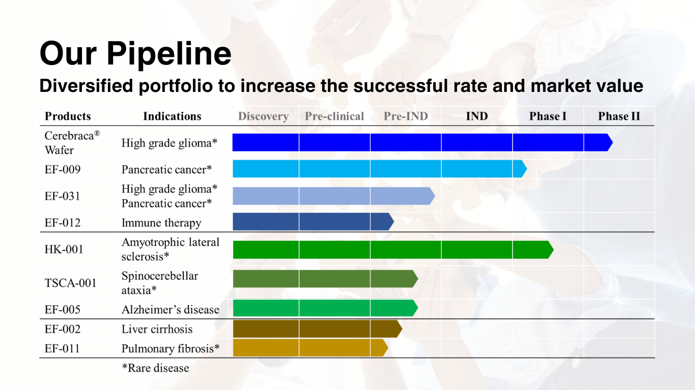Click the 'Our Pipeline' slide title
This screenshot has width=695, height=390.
[x=135, y=53]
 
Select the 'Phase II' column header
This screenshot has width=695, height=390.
[x=619, y=116]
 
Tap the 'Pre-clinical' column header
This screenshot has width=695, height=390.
[x=334, y=116]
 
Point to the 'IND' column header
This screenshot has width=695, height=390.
[x=477, y=116]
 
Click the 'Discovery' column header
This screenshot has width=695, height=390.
[x=263, y=116]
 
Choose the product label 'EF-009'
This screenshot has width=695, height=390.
[x=63, y=169]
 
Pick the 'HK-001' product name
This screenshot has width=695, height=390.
[x=64, y=249]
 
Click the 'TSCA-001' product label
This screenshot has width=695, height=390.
[x=70, y=283]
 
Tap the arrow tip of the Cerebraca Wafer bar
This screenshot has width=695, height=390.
[x=610, y=143]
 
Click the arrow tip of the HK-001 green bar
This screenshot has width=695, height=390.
[x=550, y=250]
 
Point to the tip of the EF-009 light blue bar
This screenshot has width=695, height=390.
[x=524, y=169]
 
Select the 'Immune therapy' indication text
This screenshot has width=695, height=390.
[x=161, y=223]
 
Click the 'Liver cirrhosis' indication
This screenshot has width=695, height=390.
[x=157, y=329]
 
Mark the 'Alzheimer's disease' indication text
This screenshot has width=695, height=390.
[x=170, y=310]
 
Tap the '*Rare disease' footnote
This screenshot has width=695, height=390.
[x=155, y=368]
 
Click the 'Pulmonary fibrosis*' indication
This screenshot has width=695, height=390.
[x=170, y=348]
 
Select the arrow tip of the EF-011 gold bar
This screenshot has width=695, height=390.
[x=385, y=348]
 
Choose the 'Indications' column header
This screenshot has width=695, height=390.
[x=172, y=116]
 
